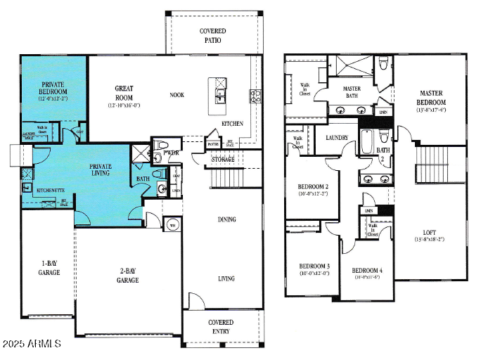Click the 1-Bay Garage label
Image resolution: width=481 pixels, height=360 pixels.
49,268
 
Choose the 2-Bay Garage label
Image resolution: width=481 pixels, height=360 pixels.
128,275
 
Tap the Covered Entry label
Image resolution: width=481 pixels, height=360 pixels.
220,327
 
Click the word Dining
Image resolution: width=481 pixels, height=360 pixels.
226,219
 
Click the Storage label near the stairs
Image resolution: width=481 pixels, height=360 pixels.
224,160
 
